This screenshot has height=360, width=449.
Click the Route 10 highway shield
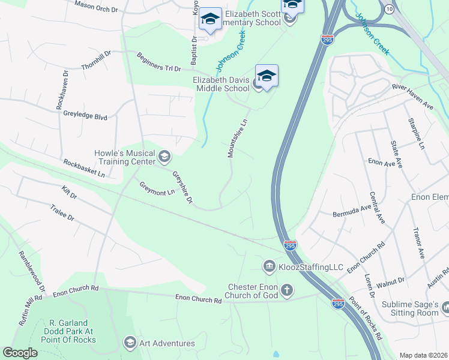390,10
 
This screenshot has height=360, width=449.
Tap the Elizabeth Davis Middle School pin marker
267,77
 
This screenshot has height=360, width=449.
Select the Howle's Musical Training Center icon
164,157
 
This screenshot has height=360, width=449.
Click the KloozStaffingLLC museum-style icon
270,265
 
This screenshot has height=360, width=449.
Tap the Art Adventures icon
129,343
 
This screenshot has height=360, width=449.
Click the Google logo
20,353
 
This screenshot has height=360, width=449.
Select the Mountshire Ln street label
237,139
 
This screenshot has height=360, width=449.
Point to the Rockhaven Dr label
62,91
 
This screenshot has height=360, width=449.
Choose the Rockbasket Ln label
84,167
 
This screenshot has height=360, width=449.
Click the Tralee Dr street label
62,211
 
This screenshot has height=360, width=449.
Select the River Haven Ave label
412,95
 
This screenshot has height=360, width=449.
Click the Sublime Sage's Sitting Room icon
445,308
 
